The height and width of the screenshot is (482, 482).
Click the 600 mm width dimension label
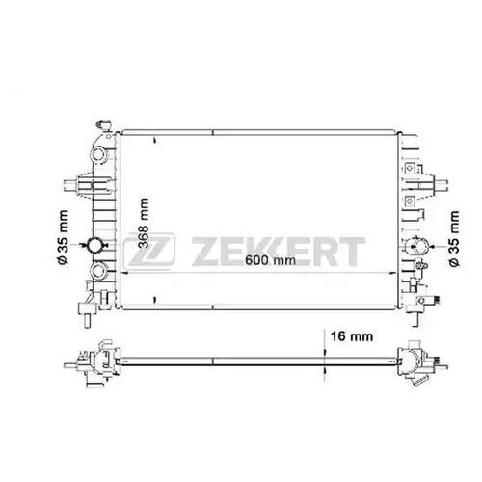(x=270, y=260)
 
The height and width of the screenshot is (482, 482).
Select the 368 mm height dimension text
(x=144, y=224)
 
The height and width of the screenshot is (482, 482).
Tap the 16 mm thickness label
(x=352, y=336)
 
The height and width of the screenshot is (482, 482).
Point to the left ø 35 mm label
(x=63, y=237)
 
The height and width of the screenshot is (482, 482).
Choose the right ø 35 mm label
(x=454, y=238)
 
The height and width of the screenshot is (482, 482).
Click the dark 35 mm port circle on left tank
(x=95, y=245)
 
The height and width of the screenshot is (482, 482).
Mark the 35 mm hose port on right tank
(x=416, y=246)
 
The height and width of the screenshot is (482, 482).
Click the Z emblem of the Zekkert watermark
(x=149, y=251)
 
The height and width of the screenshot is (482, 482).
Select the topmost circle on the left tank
(x=98, y=154)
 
